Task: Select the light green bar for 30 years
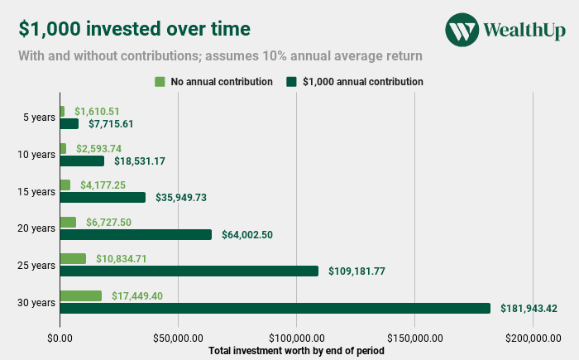[x=80, y=295]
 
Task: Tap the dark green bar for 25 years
[x=189, y=271]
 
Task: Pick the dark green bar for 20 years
[x=136, y=234]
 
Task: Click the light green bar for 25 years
[x=73, y=258]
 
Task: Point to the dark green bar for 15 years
[x=103, y=197]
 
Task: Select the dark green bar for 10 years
[x=82, y=161]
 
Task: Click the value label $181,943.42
[x=529, y=309]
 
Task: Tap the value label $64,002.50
[x=247, y=235]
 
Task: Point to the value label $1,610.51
[x=98, y=111]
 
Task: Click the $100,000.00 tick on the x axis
[x=296, y=338]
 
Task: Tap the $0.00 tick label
[x=60, y=338]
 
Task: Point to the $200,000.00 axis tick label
[x=533, y=338]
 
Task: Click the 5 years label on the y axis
[x=39, y=118]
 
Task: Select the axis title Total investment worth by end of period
[x=296, y=351]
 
